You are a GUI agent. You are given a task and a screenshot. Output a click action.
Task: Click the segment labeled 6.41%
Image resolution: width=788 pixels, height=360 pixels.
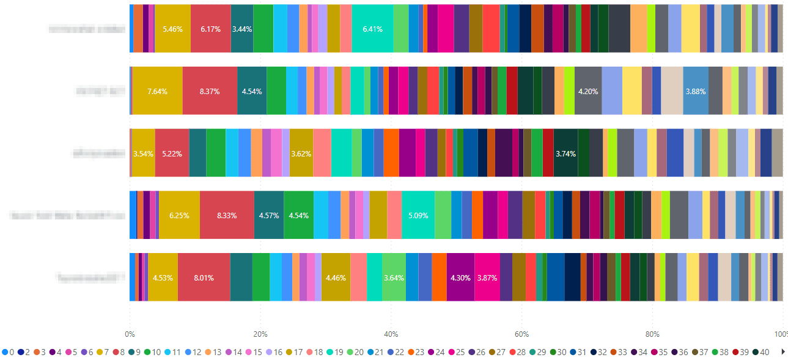tap(372, 29)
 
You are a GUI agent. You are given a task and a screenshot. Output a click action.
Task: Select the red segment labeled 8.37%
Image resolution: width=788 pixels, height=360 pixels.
tap(209, 91)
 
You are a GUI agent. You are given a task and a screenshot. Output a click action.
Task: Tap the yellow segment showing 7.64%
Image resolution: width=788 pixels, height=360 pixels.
tap(157, 91)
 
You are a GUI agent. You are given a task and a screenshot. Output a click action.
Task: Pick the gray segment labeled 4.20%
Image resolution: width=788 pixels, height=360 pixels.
tap(587, 91)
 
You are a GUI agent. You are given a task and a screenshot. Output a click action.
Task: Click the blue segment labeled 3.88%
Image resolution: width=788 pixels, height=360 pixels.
tap(696, 91)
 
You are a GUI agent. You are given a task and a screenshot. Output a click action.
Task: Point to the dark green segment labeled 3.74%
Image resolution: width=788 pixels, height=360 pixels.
tap(565, 153)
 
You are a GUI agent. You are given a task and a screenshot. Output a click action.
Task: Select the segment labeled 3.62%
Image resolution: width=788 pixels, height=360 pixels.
tap(301, 153)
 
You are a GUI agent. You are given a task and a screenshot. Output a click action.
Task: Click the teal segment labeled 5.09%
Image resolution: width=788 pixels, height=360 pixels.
tap(418, 215)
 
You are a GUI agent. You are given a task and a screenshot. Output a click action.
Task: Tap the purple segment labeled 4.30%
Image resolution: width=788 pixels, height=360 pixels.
tap(460, 277)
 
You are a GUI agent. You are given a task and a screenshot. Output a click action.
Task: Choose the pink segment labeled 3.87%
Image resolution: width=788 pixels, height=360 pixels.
tap(487, 277)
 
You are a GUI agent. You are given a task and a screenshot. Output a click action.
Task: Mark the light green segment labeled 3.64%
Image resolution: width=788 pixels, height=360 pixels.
tap(394, 277)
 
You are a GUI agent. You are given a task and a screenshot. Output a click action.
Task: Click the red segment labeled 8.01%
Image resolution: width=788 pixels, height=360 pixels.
tap(204, 277)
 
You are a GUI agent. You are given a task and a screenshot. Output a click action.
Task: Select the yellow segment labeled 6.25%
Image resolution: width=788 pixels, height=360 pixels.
tap(179, 215)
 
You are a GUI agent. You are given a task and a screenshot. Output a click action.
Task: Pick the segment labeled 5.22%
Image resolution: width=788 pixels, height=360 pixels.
tap(172, 153)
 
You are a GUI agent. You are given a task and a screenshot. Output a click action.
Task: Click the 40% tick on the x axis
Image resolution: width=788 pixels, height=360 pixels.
tap(391, 334)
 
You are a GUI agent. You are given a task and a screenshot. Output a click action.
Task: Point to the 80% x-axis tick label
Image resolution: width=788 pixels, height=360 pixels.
tap(652, 334)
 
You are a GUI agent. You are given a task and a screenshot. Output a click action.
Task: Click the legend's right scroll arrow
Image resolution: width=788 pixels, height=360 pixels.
tap(784, 352)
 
